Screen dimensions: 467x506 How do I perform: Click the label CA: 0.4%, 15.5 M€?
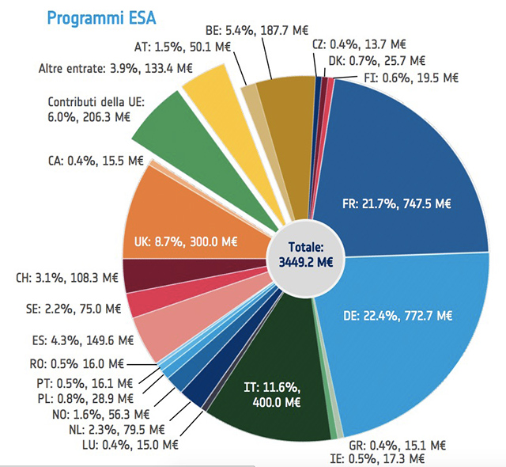point(96,161)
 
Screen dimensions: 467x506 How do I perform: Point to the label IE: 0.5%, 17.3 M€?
point(377,458)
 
